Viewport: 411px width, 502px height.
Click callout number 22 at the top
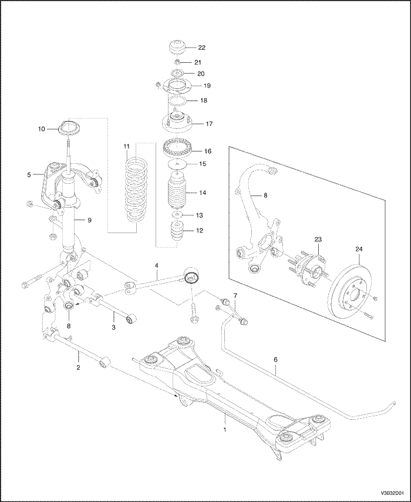tap(202, 47)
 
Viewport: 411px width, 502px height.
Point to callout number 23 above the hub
tap(318, 240)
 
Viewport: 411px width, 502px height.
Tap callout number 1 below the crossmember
tap(224, 429)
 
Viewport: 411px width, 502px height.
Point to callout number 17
tap(202, 124)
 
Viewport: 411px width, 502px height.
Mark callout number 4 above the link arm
tap(157, 266)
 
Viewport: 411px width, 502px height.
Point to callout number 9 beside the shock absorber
tap(90, 220)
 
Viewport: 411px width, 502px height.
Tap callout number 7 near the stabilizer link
tap(235, 295)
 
